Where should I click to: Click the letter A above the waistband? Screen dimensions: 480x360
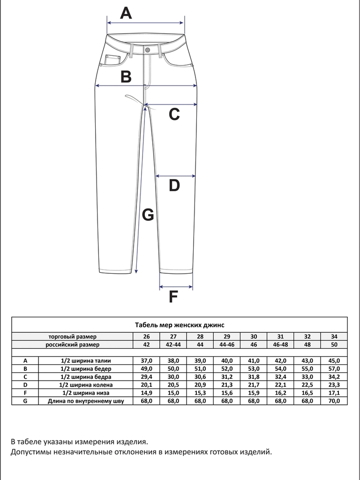click(x=126, y=13)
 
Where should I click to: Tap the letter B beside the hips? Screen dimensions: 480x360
click(x=126, y=76)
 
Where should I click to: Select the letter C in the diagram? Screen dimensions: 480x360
click(x=174, y=114)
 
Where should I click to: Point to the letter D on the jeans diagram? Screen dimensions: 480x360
click(x=174, y=186)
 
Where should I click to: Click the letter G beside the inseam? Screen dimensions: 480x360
click(x=148, y=215)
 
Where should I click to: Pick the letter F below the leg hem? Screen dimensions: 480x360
click(x=173, y=297)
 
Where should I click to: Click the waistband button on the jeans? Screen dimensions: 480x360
click(x=148, y=49)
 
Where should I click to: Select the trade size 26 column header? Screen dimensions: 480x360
click(x=147, y=337)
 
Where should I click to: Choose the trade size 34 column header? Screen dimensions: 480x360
click(x=334, y=337)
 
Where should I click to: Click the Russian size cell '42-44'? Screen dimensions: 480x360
click(x=173, y=345)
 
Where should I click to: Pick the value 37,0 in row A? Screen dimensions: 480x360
click(x=147, y=360)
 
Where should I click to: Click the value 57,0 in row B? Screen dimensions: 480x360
click(x=334, y=369)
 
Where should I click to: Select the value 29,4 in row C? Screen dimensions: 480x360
click(x=147, y=377)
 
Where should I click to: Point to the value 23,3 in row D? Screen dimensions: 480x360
click(x=334, y=385)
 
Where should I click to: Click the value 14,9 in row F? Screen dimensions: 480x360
click(x=147, y=393)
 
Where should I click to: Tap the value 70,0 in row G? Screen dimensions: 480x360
click(x=334, y=401)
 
